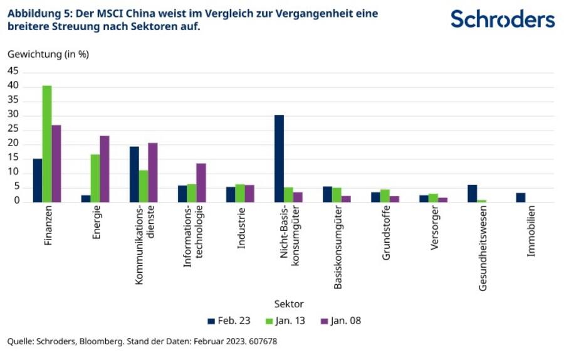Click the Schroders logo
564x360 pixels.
tap(503, 19)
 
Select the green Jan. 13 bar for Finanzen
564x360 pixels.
tap(47, 144)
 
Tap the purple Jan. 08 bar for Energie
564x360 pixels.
tap(105, 169)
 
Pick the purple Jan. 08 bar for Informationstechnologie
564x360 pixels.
tap(201, 183)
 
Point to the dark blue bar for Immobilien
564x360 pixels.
tap(520, 198)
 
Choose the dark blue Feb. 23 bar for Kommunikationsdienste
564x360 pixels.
tap(134, 174)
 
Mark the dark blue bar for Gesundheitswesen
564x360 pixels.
tap(472, 193)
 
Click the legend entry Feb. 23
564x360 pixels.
tap(229, 320)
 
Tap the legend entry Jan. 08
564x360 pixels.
tap(341, 320)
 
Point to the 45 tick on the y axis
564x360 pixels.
tap(13, 71)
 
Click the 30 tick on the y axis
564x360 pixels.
tap(13, 115)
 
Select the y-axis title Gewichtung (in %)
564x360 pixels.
tap(48, 54)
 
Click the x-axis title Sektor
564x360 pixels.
tap(289, 304)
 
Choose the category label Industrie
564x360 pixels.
tap(241, 227)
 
